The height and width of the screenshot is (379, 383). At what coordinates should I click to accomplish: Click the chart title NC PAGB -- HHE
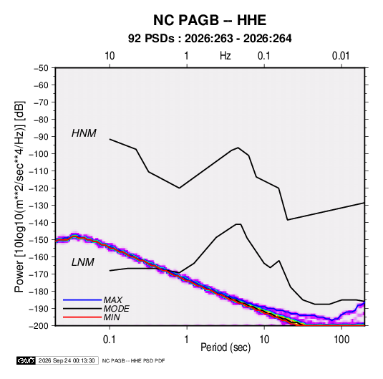point(210,20)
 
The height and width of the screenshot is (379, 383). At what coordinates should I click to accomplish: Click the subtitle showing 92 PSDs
point(210,39)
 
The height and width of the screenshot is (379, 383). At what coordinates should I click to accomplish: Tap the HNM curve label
point(84,133)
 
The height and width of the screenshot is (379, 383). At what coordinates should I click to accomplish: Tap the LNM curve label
point(82,262)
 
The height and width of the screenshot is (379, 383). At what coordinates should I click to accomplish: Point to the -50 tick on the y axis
point(41,68)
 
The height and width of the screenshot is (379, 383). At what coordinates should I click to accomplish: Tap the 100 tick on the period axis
point(341,340)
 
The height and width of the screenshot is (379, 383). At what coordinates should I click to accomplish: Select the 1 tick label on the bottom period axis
point(187,340)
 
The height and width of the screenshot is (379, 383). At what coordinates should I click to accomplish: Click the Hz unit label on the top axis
point(226,56)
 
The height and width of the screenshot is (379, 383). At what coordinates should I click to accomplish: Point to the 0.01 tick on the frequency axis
point(341,56)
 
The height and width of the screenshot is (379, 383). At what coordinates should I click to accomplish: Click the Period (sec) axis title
point(226,347)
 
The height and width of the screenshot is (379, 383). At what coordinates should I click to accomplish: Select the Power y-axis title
point(19,197)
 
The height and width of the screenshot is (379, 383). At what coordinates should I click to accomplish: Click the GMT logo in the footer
point(26,360)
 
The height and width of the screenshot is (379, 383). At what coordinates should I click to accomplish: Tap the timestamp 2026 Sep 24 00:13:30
point(67,360)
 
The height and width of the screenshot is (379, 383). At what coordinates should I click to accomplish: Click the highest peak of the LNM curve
point(238,224)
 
